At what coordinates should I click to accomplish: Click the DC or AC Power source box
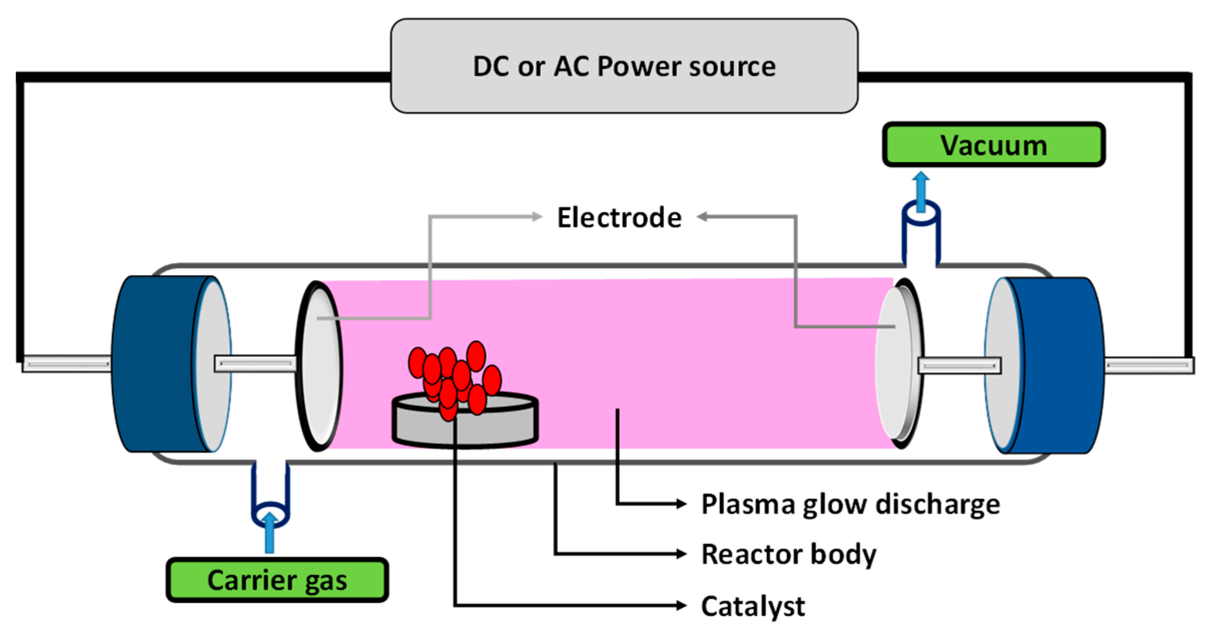coord(624,66)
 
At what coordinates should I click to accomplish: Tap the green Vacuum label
coord(993,145)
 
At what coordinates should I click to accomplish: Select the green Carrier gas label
coord(277,579)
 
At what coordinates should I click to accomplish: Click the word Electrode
coord(619,218)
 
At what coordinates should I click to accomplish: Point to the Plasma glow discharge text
coord(850,504)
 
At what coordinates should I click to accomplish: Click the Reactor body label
coord(788,554)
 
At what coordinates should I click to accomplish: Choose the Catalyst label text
coord(752,606)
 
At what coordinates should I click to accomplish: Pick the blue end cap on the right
coord(1056,366)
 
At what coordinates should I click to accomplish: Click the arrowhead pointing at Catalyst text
coord(681,605)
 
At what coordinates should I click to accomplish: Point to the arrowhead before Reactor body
coord(681,553)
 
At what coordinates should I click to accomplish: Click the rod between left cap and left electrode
coord(255,364)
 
